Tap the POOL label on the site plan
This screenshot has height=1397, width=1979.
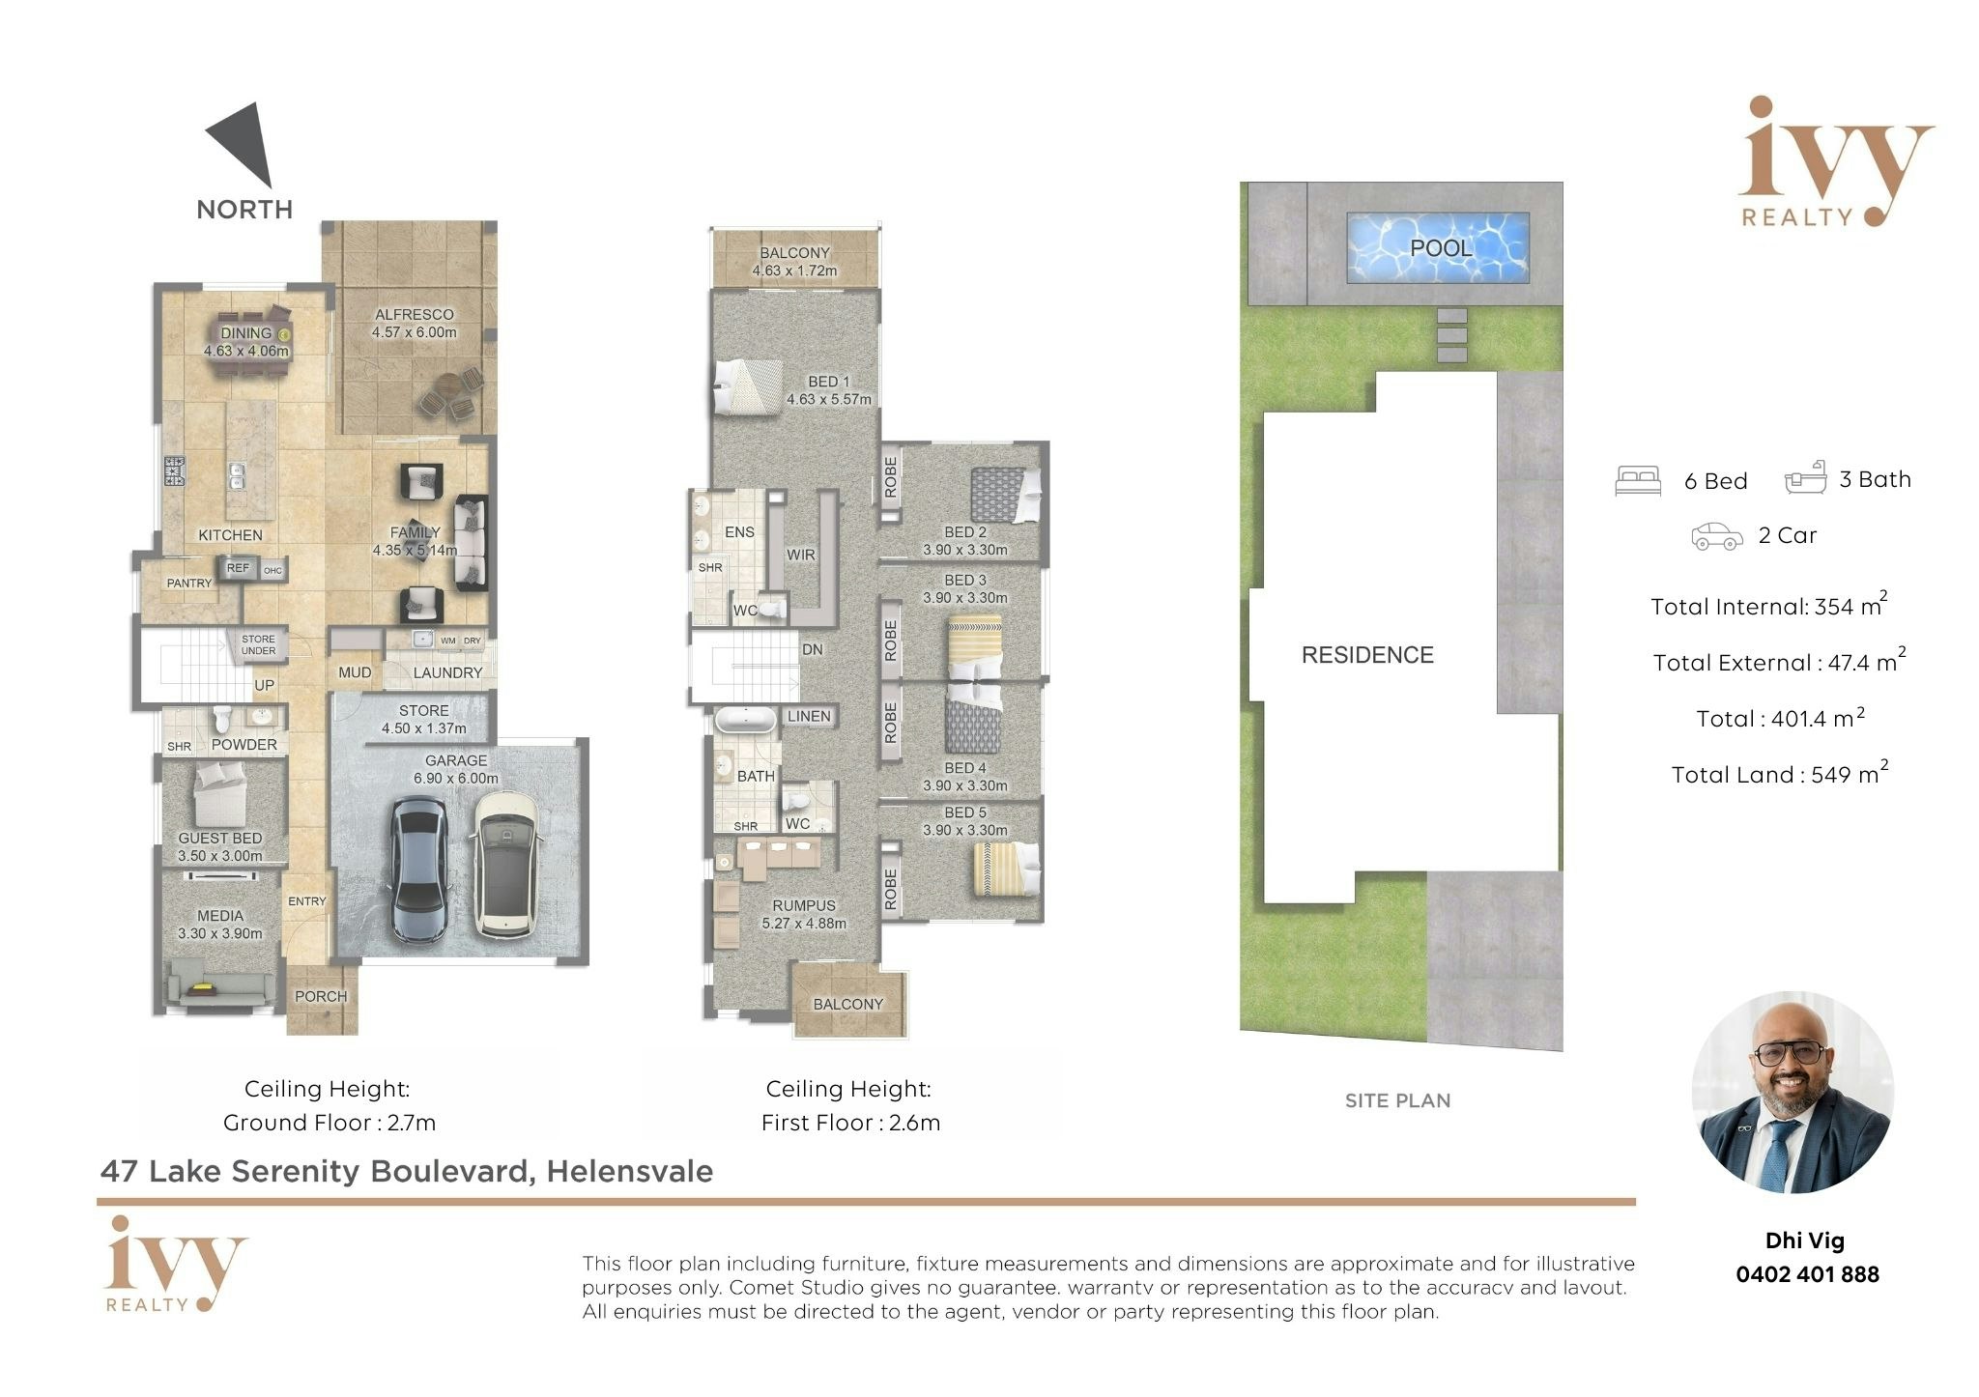pyautogui.click(x=1441, y=248)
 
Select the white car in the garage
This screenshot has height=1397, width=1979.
pyautogui.click(x=504, y=865)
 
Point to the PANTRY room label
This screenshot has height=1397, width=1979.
pyautogui.click(x=189, y=583)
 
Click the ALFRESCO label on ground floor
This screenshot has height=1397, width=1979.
pyautogui.click(x=415, y=314)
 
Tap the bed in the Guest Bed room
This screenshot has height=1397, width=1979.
pyautogui.click(x=220, y=793)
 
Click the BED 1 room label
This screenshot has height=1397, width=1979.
pyautogui.click(x=829, y=382)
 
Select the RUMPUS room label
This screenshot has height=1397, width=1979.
pyautogui.click(x=804, y=905)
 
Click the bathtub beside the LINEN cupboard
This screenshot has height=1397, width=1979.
pyautogui.click(x=745, y=721)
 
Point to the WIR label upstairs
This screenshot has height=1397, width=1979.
pyautogui.click(x=800, y=555)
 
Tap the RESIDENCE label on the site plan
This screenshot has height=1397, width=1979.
pyautogui.click(x=1367, y=655)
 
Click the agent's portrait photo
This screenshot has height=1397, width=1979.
pyautogui.click(x=1793, y=1092)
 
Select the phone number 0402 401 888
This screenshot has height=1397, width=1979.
pyautogui.click(x=1807, y=1274)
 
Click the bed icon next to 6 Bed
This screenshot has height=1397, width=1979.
pyautogui.click(x=1638, y=481)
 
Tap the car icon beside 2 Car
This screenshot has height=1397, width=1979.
pyautogui.click(x=1716, y=536)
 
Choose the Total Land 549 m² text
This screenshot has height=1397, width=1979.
pyautogui.click(x=1780, y=773)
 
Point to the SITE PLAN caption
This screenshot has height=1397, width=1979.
pyautogui.click(x=1397, y=1100)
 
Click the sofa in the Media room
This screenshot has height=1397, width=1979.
pyautogui.click(x=220, y=986)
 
